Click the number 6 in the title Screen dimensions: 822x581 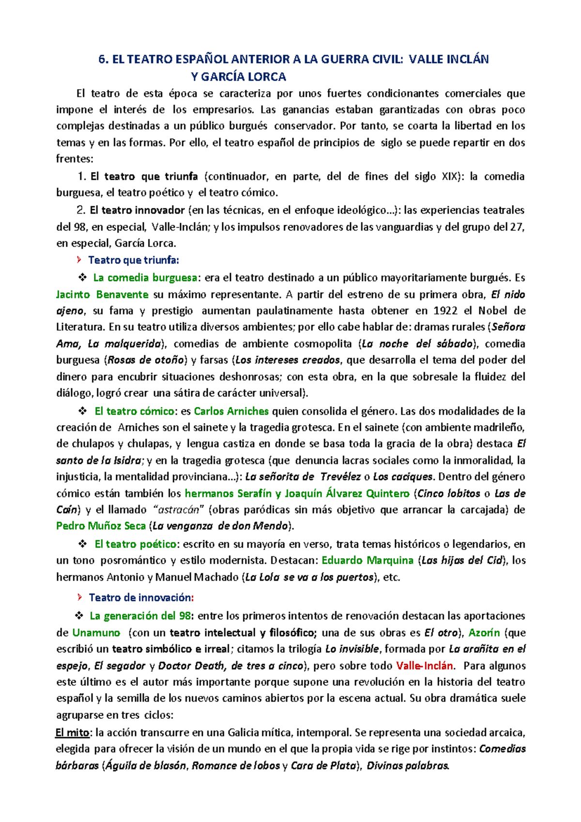click(101, 60)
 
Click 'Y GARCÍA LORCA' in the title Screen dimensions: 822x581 click(238, 77)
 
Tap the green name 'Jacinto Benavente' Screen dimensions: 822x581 click(102, 294)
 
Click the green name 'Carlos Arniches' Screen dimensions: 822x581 click(231, 411)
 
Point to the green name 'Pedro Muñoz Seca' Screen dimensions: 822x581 click(101, 526)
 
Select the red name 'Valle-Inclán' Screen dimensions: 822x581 click(425, 665)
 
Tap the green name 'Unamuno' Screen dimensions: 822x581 click(96, 632)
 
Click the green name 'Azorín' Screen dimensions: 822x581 click(484, 632)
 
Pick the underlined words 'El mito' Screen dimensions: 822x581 click(72, 732)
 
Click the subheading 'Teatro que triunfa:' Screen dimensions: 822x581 click(134, 260)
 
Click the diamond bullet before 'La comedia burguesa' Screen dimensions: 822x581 click(82, 277)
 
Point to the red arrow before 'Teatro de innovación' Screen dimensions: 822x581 click(79, 597)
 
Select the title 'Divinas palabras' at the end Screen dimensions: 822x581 click(408, 766)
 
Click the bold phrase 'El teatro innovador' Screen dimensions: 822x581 click(137, 210)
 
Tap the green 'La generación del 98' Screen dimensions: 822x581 click(140, 616)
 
